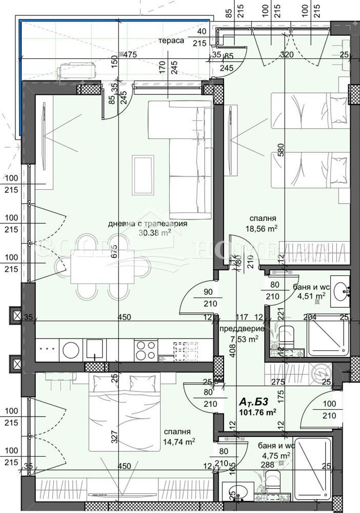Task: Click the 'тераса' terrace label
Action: pyautogui.click(x=171, y=41)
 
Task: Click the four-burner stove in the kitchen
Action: pyautogui.click(x=146, y=350)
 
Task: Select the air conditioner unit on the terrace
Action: pyautogui.click(x=77, y=70)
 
